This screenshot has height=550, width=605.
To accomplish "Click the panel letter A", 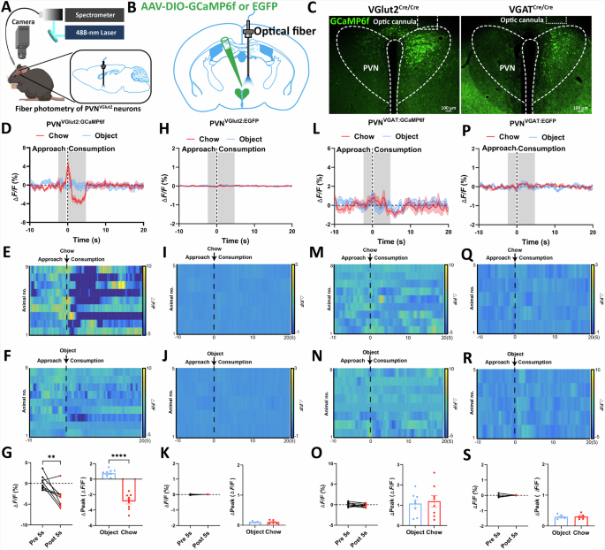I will (x=7, y=8).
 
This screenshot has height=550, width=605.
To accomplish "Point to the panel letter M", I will (x=310, y=254).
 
